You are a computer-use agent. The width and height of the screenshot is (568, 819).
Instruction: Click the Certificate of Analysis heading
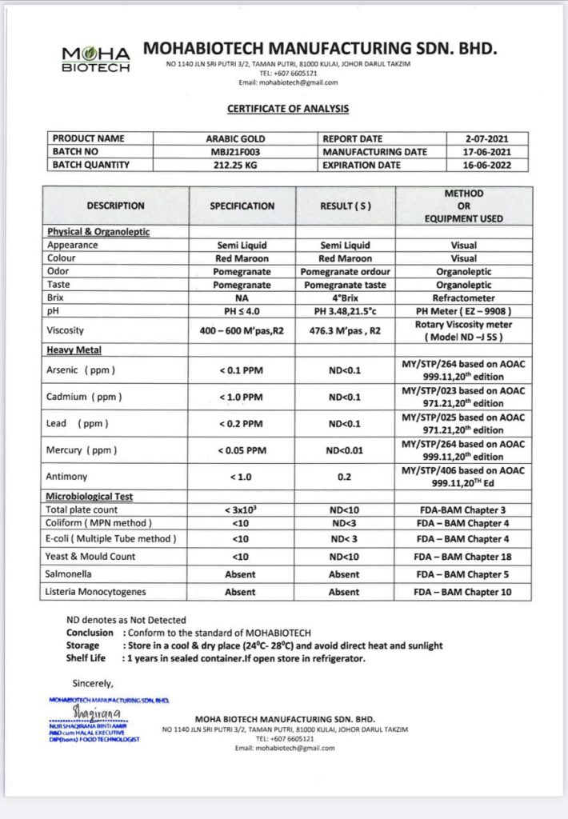pos(287,109)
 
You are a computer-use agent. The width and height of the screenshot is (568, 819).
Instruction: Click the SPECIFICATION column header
pos(242,206)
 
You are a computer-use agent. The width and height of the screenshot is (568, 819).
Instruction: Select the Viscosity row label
pos(66,330)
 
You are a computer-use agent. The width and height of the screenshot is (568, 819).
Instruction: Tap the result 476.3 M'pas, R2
pos(345,330)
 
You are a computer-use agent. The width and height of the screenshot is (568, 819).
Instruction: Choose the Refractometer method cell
pos(463,298)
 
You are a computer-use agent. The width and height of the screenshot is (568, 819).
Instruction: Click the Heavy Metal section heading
pos(74,350)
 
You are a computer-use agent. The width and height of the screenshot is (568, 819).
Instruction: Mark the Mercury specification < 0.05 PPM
pos(242,450)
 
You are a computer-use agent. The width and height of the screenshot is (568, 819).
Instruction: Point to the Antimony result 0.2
pos(345,477)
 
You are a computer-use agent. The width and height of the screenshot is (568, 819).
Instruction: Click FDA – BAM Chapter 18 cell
pos(463,557)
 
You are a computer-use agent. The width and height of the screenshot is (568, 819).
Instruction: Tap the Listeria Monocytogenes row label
pos(96,592)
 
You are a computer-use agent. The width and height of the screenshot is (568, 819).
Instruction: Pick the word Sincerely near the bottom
pos(93,682)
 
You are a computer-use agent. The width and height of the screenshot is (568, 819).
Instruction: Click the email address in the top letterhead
pos(288,82)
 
